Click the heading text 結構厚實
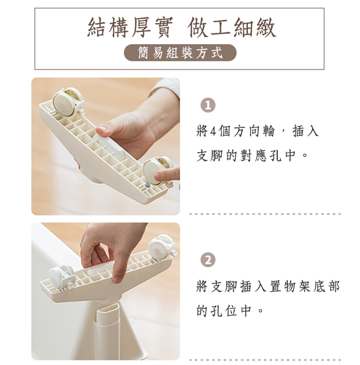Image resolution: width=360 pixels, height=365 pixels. pyautogui.click(x=130, y=28)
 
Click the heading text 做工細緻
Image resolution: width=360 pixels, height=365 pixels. pyautogui.click(x=232, y=28)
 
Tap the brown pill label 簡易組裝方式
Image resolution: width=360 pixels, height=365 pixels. pyautogui.click(x=180, y=53)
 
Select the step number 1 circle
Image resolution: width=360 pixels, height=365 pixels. pyautogui.click(x=208, y=106)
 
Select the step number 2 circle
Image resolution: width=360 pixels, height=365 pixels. pyautogui.click(x=208, y=260)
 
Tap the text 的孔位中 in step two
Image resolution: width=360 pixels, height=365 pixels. pyautogui.click(x=224, y=310)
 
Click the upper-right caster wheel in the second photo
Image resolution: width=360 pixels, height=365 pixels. pyautogui.click(x=162, y=247)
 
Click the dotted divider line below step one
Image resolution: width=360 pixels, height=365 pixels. pyautogui.click(x=265, y=214)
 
